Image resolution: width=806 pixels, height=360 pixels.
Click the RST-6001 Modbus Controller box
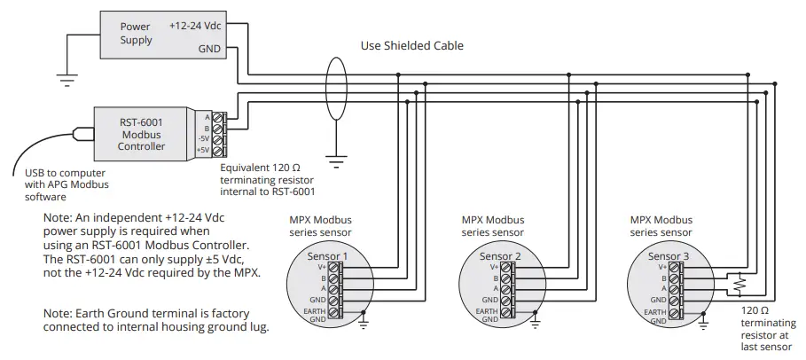point(142,133)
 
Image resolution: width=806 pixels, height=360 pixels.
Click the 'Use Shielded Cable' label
point(411,45)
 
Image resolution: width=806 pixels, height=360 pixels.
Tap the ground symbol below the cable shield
point(335,160)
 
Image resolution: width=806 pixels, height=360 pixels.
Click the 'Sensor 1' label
point(326,256)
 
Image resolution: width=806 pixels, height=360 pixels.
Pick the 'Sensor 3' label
point(668,256)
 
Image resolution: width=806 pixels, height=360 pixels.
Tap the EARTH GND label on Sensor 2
point(487,316)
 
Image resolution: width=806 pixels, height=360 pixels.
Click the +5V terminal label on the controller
point(203,151)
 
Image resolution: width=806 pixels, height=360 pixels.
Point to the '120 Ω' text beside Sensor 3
point(755,312)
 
